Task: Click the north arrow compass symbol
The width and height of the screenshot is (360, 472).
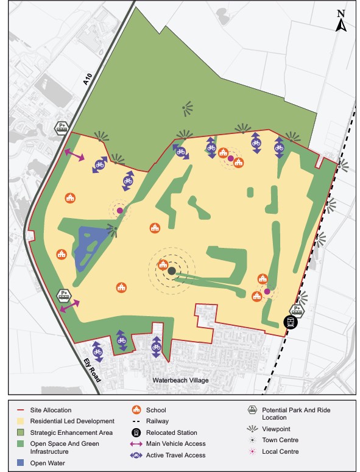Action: point(342,22)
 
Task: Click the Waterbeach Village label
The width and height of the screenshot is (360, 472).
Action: point(181,381)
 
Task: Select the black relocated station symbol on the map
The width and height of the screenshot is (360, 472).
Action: point(292,322)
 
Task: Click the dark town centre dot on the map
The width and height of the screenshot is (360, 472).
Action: point(172,271)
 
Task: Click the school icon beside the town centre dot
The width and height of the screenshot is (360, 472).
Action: point(163,264)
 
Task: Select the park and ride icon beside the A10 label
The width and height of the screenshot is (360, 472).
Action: point(62,128)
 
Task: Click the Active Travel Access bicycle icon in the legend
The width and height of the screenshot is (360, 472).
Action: point(136,455)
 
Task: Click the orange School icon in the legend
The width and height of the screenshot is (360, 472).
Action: point(136,410)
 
